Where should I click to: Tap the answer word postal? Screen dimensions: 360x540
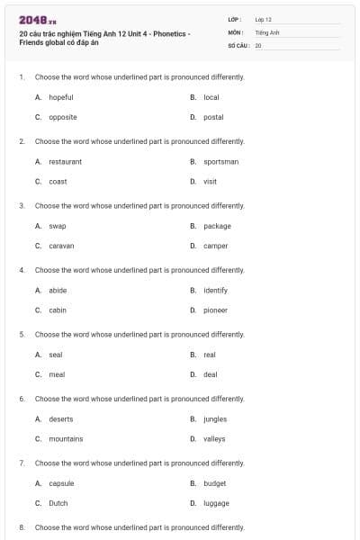tap(213, 117)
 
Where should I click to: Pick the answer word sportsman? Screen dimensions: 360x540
tap(220, 162)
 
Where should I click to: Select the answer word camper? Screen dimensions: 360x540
tap(215, 246)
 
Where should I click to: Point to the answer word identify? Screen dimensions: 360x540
tap(215, 291)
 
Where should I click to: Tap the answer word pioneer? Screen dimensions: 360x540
tap(215, 310)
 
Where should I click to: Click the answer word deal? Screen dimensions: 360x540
tap(211, 374)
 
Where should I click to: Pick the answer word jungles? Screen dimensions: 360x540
tap(214, 419)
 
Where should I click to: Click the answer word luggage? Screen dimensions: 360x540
tap(216, 503)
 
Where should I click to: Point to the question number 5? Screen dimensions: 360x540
tap(22, 335)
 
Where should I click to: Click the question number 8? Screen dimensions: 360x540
tap(22, 527)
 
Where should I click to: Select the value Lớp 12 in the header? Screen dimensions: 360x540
tap(263, 19)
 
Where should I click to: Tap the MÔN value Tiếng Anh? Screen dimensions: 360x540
tap(267, 31)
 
